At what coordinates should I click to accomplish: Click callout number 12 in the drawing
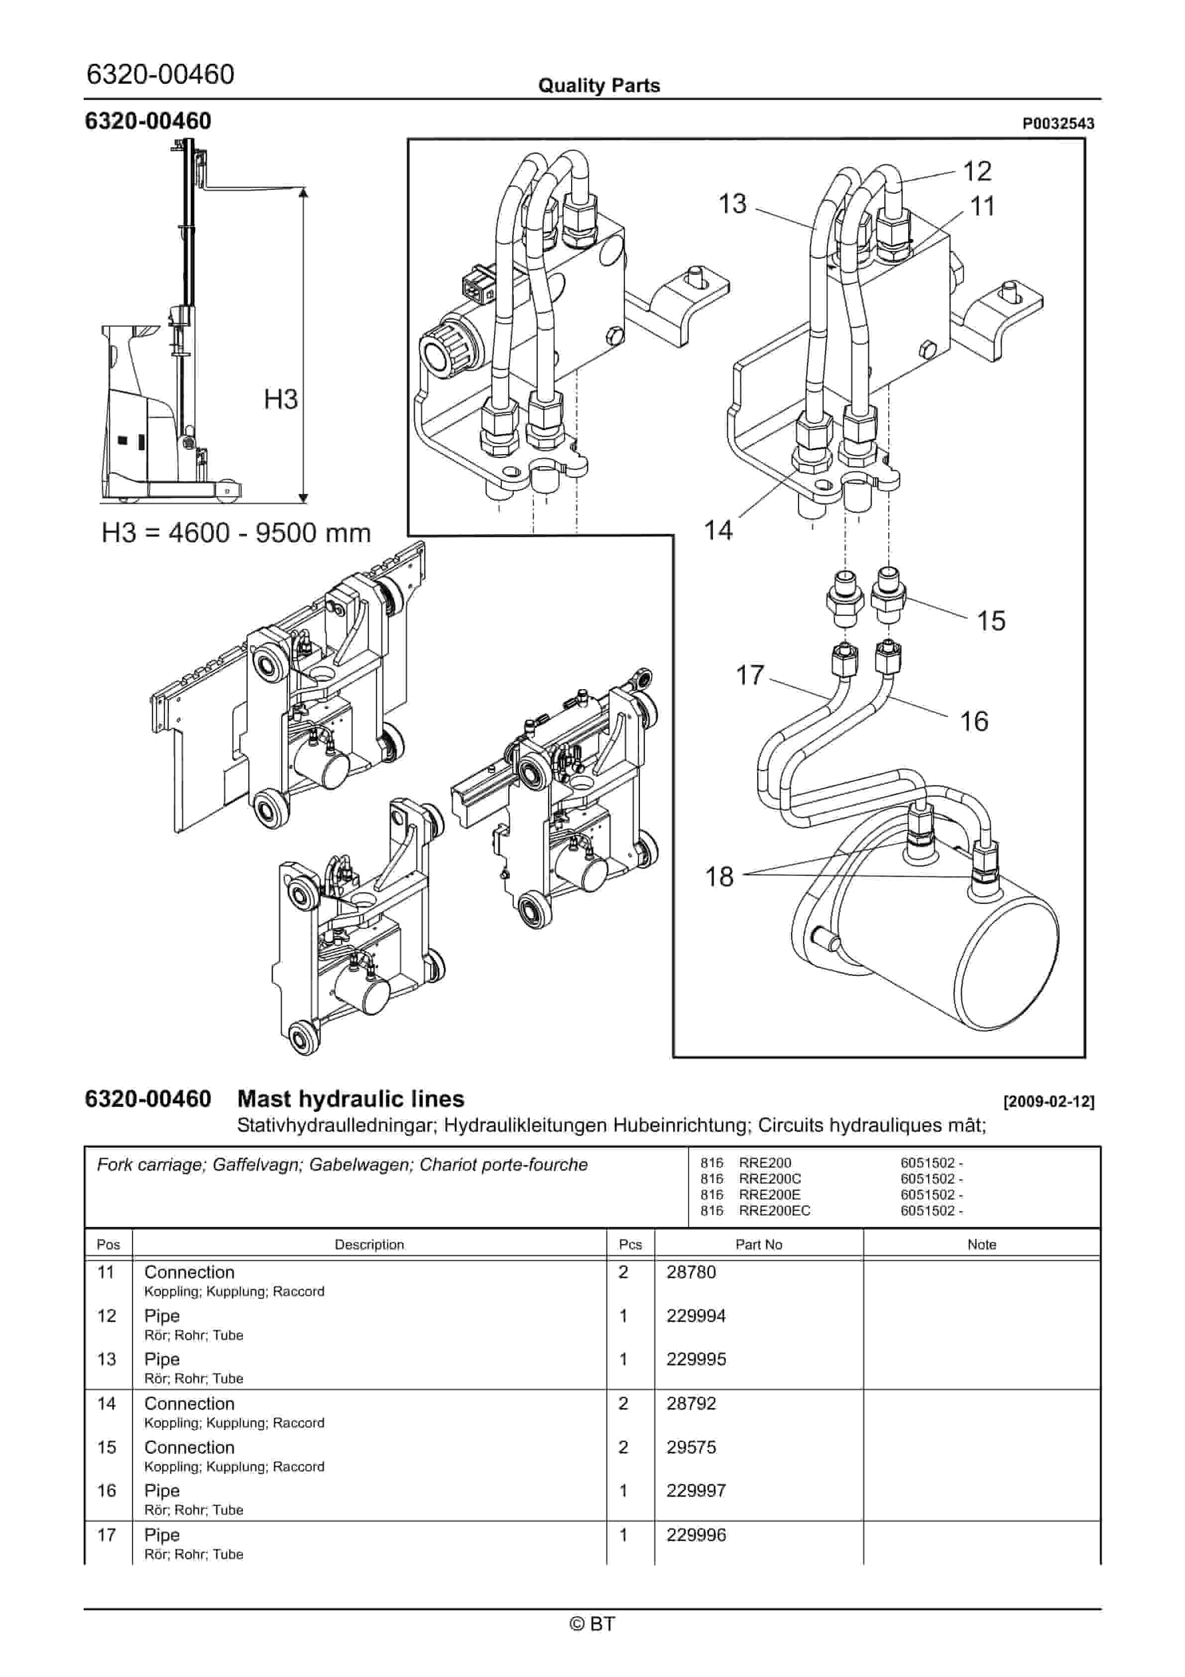pos(977,172)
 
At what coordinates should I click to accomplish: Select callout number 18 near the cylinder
pos(719,876)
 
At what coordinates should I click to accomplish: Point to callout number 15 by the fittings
pos(991,621)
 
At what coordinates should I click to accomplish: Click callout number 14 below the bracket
pos(717,530)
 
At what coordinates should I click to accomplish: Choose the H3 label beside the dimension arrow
pos(280,399)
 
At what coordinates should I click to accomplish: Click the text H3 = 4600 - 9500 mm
pos(236,533)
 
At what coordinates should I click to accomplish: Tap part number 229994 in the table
pos(696,1316)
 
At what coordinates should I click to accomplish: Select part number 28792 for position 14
pos(691,1404)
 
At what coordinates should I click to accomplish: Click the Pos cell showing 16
pos(107,1491)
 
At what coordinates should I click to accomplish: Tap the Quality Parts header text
pos(598,86)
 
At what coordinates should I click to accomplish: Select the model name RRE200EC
pos(774,1211)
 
